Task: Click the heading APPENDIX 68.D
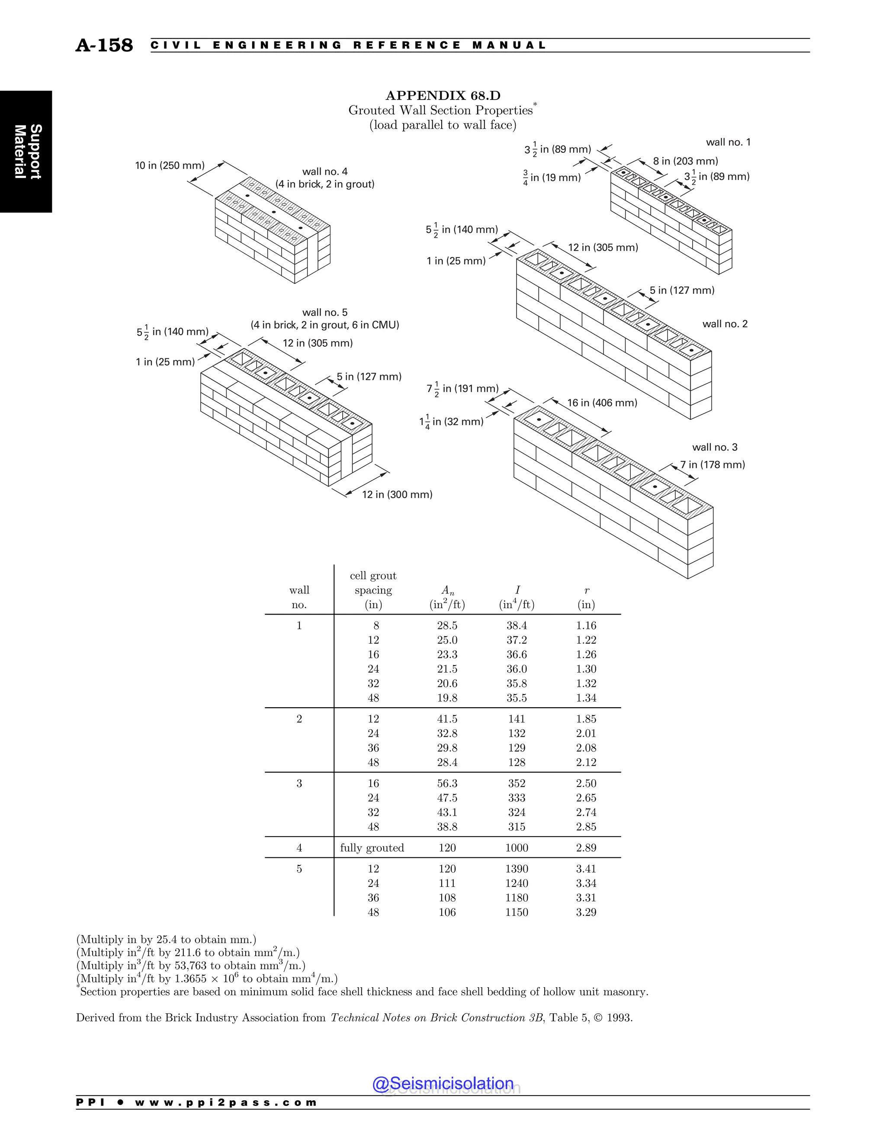[x=443, y=96]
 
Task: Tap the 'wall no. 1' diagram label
[x=728, y=142]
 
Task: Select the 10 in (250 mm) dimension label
[x=170, y=165]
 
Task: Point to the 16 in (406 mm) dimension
[x=602, y=403]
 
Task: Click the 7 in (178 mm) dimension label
[x=712, y=464]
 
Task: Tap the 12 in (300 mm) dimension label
[x=397, y=494]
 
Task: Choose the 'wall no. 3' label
[x=714, y=447]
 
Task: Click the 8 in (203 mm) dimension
[x=685, y=161]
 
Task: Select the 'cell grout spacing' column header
[x=373, y=590]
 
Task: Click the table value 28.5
[x=447, y=625]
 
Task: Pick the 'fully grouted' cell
[x=372, y=847]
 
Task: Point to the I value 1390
[x=517, y=869]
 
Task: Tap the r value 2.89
[x=586, y=847]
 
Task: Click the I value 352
[x=517, y=783]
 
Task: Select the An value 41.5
[x=447, y=718]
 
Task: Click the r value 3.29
[x=586, y=912]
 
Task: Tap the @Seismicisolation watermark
[x=443, y=1083]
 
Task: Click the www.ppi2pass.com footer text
[x=226, y=1102]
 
